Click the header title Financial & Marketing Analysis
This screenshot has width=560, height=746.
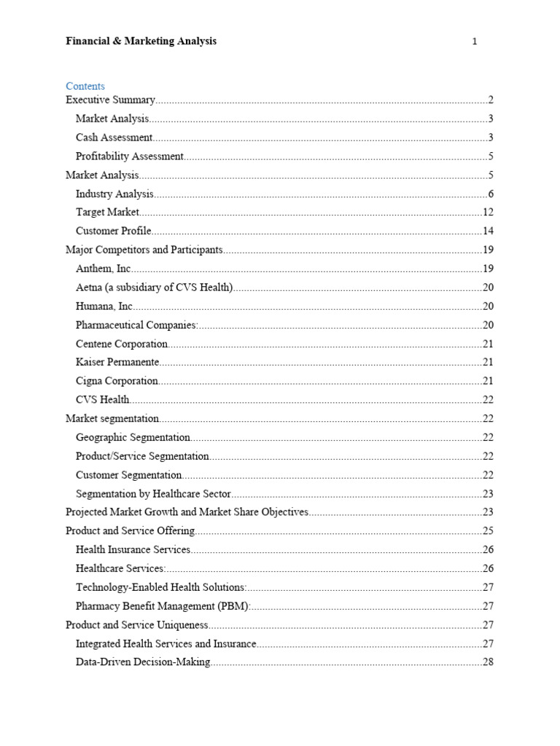(141, 42)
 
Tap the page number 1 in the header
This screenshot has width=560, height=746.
(475, 42)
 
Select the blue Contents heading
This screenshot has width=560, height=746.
(85, 86)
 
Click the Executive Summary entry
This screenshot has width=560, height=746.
(110, 100)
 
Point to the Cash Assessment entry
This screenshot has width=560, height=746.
(114, 137)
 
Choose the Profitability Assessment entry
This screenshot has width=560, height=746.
(129, 156)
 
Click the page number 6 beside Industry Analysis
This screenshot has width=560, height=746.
(491, 194)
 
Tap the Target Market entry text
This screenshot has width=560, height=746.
(107, 212)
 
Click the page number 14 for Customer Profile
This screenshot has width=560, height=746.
(488, 231)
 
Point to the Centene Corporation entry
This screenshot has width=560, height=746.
(121, 343)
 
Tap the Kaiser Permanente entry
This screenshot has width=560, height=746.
(117, 362)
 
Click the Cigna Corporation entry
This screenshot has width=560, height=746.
(117, 380)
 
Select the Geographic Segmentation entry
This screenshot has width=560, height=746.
(133, 437)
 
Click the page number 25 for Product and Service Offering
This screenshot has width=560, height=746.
(488, 530)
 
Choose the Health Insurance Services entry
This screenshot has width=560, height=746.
(133, 549)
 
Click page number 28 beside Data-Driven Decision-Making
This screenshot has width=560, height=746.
(488, 661)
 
